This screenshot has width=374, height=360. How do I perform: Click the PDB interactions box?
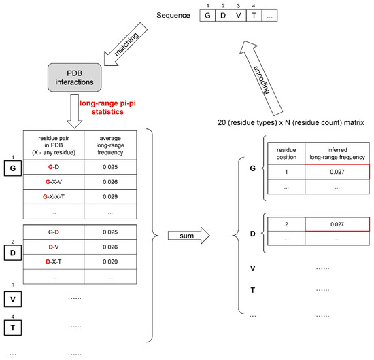click(74, 77)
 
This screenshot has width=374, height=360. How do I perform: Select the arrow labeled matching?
click(126, 44)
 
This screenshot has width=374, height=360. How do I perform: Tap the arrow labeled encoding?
click(261, 78)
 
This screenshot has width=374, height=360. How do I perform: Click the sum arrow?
click(188, 236)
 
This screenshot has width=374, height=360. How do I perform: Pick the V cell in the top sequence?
click(238, 16)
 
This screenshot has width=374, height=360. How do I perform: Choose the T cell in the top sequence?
click(254, 16)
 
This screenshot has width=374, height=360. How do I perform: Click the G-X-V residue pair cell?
click(54, 182)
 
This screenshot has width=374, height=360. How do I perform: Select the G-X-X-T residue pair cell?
click(54, 197)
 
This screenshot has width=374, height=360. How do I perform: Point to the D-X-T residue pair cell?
click(54, 262)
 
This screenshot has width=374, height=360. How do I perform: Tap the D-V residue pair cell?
click(54, 247)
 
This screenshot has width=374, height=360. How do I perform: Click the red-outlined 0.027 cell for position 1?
click(337, 172)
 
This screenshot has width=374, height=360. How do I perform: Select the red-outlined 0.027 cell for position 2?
click(337, 224)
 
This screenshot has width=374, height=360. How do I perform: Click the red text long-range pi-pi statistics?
click(107, 107)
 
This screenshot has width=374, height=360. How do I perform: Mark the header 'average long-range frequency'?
click(110, 145)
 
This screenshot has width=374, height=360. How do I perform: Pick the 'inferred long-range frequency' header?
click(337, 154)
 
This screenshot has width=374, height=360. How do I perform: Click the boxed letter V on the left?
click(13, 300)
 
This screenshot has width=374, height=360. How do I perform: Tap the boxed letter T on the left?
click(13, 327)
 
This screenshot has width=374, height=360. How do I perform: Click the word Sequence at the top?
click(173, 15)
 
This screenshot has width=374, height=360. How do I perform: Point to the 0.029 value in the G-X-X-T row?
click(110, 197)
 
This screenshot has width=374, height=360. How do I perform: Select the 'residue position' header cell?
click(286, 154)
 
